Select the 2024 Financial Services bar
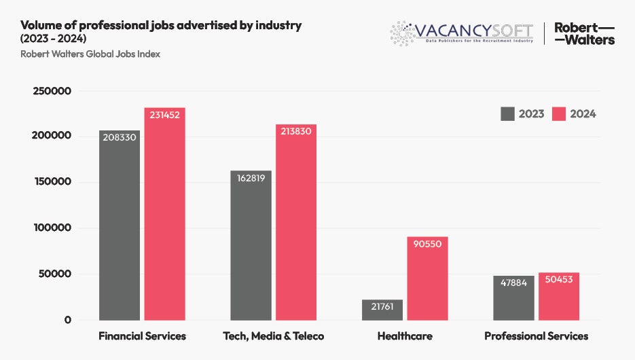click(164, 214)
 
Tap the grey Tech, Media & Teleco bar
click(251, 245)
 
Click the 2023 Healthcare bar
click(382, 310)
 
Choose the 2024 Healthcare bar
click(427, 278)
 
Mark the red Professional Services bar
click(559, 296)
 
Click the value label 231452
click(164, 115)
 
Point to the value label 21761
click(382, 307)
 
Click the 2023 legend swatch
click(507, 113)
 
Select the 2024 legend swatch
click(558, 113)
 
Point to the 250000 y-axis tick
click(53, 90)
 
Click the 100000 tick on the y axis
click(53, 228)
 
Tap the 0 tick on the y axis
click(68, 320)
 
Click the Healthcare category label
click(405, 336)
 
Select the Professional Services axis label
click(536, 336)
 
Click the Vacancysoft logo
click(462, 33)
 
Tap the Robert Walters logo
click(584, 33)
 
